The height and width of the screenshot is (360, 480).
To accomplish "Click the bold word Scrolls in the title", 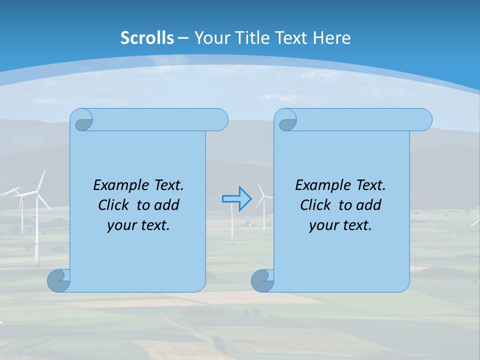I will (x=147, y=38).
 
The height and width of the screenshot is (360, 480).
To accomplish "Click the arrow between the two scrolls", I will (x=236, y=199).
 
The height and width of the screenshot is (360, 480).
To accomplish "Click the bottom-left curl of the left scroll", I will (x=58, y=280).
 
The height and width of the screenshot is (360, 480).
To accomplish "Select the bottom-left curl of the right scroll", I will (x=262, y=280).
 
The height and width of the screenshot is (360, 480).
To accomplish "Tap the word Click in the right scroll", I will (x=315, y=205).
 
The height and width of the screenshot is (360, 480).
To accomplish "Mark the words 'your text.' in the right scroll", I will (x=340, y=225).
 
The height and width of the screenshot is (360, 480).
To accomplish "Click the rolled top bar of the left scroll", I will (x=160, y=119).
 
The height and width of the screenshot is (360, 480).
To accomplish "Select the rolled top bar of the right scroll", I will (x=364, y=119).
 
